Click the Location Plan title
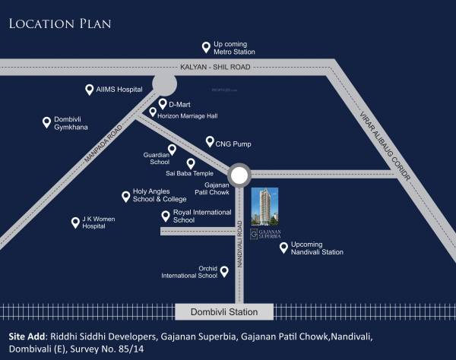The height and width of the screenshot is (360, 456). [60, 24]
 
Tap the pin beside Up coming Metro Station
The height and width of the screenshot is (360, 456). [204, 47]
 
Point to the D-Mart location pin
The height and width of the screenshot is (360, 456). [162, 103]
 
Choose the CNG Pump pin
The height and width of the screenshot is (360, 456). [210, 141]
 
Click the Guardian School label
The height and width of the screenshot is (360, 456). [156, 158]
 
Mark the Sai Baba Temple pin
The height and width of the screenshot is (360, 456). [191, 163]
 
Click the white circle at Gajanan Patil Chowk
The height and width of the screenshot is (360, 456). [239, 176]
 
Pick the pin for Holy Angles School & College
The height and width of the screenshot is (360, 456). [125, 196]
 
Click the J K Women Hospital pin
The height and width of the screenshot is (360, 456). [75, 223]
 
